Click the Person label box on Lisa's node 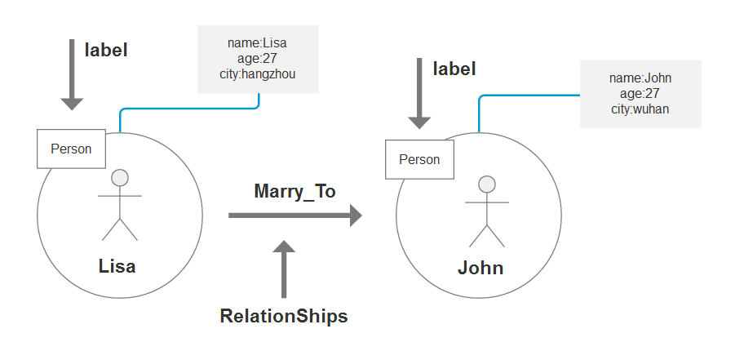[71, 149]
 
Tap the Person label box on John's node [419, 159]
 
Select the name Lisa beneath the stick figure [117, 267]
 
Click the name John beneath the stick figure [480, 268]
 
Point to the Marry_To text [295, 191]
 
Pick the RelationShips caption [284, 317]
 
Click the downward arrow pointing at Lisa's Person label [72, 77]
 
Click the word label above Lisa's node [106, 50]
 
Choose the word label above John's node [454, 69]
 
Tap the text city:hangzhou [259, 73]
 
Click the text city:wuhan [640, 109]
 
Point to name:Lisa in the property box [259, 42]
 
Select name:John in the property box [640, 78]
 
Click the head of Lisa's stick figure [120, 177]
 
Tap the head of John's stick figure [487, 184]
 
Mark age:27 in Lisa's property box [259, 58]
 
